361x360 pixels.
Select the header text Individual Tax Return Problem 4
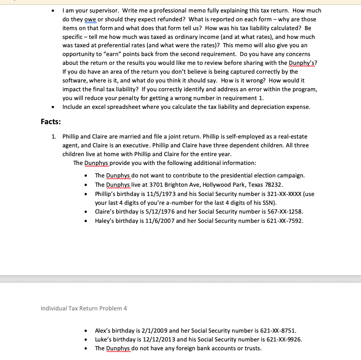click(x=84, y=308)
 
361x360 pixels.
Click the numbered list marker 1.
click(x=54, y=137)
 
